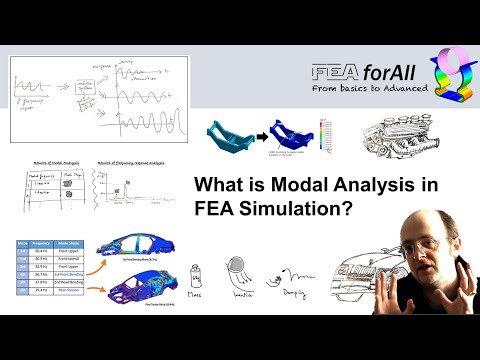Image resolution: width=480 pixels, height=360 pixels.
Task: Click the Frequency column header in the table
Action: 41,243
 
